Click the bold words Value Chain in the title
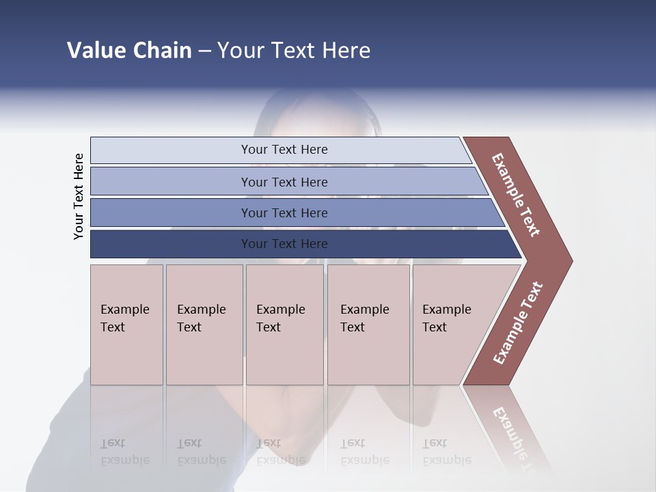(x=129, y=51)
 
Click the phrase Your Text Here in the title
(x=294, y=51)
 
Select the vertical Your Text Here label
(x=79, y=196)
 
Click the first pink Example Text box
(x=126, y=325)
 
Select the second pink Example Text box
(x=204, y=325)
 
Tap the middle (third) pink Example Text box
(x=284, y=325)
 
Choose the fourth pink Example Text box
(x=368, y=325)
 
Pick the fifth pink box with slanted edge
(x=454, y=325)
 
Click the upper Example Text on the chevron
(x=516, y=195)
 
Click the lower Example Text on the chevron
(x=518, y=323)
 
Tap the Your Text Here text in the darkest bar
(x=284, y=244)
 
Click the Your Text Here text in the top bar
(x=284, y=150)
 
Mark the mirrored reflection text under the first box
(x=124, y=452)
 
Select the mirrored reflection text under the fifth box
(x=446, y=452)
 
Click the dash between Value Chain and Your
(x=204, y=51)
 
